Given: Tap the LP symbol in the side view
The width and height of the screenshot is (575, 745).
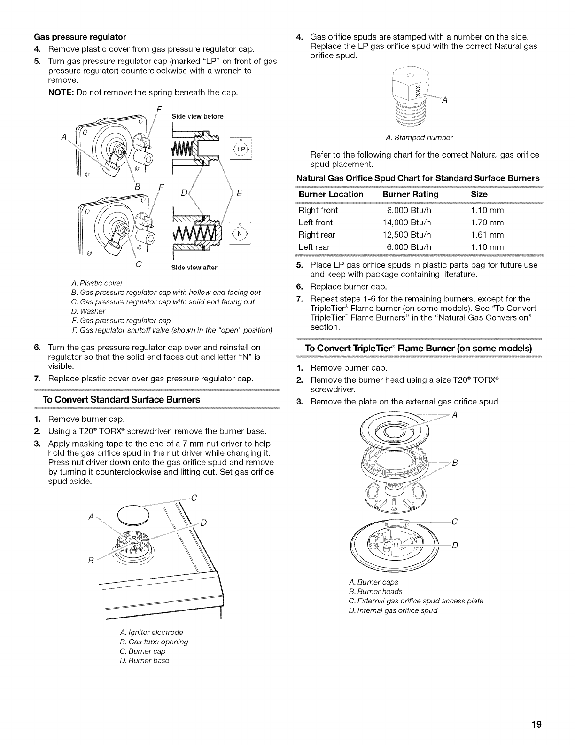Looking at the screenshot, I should (241, 149).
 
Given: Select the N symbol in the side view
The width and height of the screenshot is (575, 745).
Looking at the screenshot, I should (240, 234).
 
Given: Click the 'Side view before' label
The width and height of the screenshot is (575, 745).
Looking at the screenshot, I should (197, 116).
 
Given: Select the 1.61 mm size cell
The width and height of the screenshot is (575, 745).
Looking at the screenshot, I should (487, 235).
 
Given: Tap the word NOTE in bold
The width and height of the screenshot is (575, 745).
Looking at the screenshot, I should (59, 93).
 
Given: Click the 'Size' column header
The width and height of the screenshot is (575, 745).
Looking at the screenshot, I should (479, 194).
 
